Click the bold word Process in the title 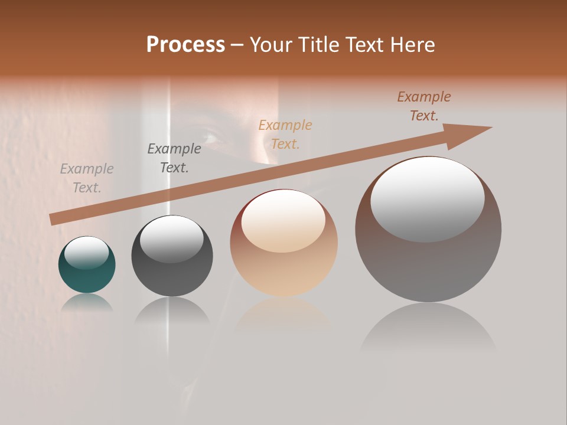[x=185, y=44]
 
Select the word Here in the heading [x=413, y=44]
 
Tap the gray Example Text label [x=87, y=178]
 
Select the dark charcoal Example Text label [x=174, y=158]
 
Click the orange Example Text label [x=285, y=134]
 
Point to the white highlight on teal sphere [x=86, y=253]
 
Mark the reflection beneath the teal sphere [x=87, y=302]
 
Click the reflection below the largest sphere [x=428, y=328]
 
